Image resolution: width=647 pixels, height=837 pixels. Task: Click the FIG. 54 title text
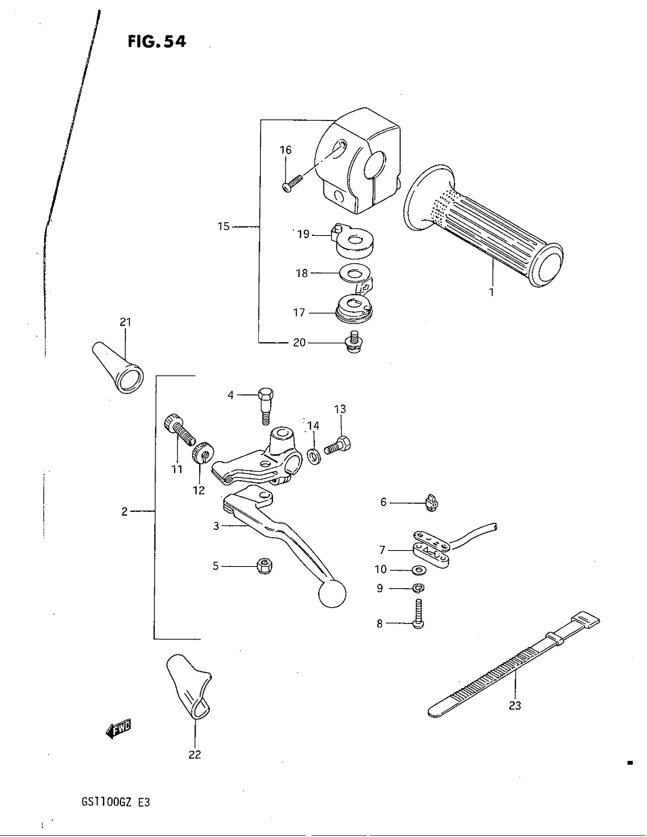point(157,41)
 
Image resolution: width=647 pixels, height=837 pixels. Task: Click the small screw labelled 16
point(292,182)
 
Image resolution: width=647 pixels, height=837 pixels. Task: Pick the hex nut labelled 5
point(264,566)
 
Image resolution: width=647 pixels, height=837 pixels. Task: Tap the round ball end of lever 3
point(332,594)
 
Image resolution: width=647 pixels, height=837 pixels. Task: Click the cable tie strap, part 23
point(514,667)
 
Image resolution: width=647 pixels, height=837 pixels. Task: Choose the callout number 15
point(223,226)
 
